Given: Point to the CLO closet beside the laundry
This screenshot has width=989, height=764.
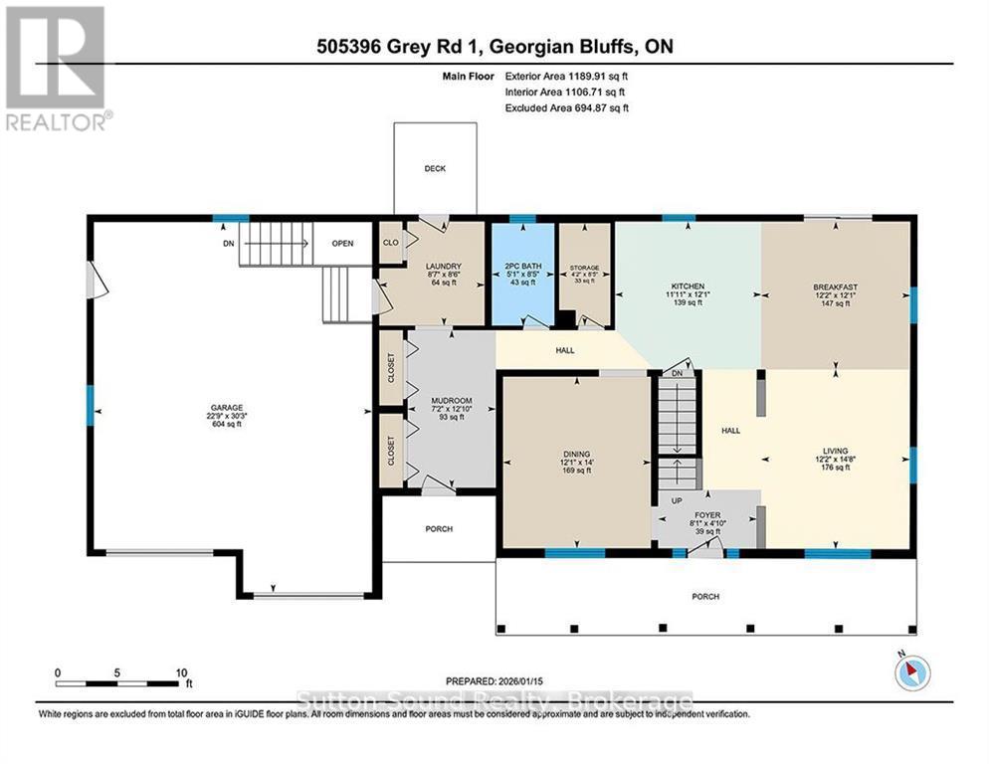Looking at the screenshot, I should (x=390, y=242).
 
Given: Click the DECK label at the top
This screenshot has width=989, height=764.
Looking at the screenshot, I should (x=434, y=169).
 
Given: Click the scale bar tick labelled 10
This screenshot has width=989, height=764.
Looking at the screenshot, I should (x=181, y=672).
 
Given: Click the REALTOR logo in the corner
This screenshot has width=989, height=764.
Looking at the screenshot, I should (x=57, y=69).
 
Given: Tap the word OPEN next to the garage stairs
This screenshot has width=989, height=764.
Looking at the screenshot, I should (x=342, y=243).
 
